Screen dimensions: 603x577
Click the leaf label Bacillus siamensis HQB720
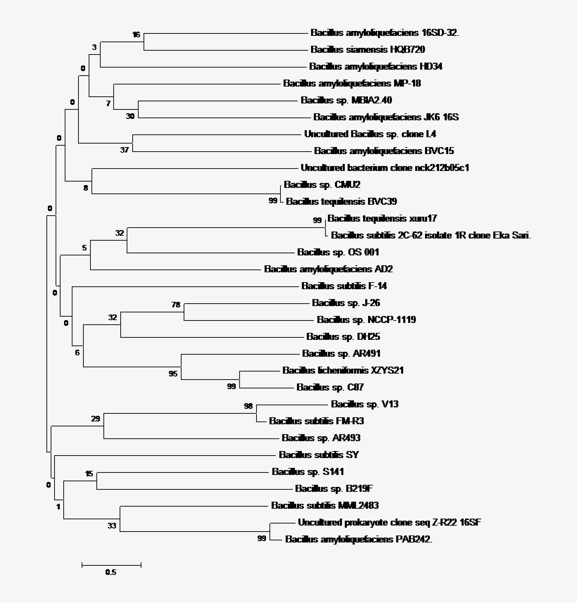(367, 49)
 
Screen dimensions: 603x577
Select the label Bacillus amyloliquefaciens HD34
(375, 66)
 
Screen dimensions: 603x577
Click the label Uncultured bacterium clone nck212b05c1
(384, 167)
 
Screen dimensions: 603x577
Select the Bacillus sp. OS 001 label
(329, 252)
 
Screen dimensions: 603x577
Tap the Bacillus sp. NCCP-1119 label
(366, 319)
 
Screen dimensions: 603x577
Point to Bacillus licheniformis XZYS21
(343, 370)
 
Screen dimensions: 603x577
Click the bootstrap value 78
(176, 305)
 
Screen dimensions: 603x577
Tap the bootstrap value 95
(173, 374)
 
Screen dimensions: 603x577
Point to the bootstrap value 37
(125, 149)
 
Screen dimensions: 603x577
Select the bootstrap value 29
(96, 419)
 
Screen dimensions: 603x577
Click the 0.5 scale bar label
(110, 572)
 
